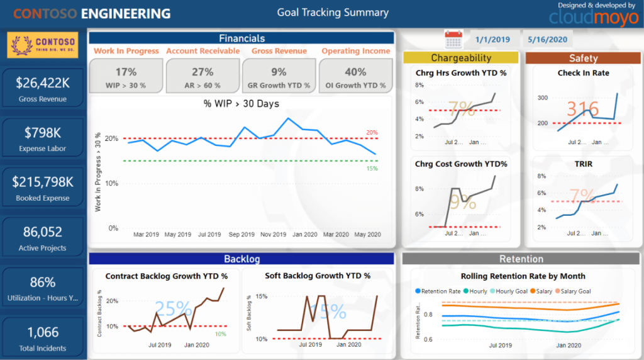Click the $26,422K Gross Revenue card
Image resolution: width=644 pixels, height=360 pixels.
tap(43, 87)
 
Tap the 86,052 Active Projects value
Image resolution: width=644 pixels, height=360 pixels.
tap(43, 232)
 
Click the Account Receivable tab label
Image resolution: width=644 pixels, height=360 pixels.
tap(203, 51)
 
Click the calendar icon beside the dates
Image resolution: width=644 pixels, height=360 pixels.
tap(454, 39)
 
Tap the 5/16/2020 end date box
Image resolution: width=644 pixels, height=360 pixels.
tap(548, 39)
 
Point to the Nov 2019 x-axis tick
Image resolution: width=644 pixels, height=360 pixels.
tap(273, 234)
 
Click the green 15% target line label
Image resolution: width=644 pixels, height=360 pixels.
tap(372, 168)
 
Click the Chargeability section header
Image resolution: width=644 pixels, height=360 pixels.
tap(461, 58)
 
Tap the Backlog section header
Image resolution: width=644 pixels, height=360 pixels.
tap(241, 259)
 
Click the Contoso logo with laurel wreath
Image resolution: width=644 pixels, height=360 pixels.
tap(43, 45)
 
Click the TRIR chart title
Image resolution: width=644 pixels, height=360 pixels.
tap(583, 164)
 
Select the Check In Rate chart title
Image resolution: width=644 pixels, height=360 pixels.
tap(583, 73)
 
